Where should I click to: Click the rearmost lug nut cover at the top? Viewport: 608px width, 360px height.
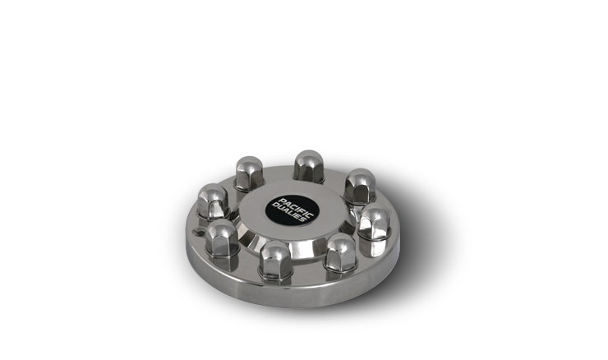(x=309, y=166)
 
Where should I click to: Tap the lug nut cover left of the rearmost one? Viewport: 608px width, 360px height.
(x=249, y=173)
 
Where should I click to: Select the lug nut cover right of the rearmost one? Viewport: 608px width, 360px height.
(x=360, y=187)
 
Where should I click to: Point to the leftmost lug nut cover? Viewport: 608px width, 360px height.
(x=213, y=201)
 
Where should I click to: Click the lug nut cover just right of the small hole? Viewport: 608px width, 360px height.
(x=222, y=238)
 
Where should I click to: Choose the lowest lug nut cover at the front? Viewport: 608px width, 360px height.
(x=276, y=260)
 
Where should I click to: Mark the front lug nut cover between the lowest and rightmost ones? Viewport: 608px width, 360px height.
(x=340, y=252)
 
